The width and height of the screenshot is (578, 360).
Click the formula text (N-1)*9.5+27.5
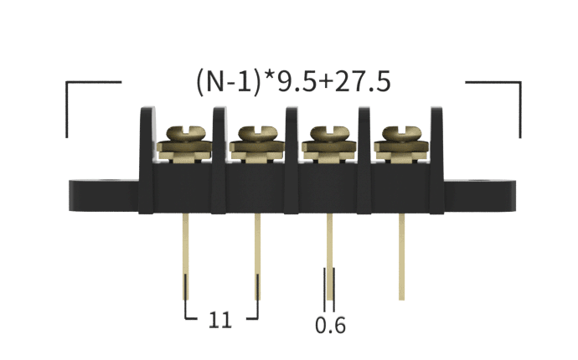click(x=293, y=82)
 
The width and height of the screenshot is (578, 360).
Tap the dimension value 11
click(x=220, y=320)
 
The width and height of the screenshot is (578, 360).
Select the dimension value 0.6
click(x=330, y=325)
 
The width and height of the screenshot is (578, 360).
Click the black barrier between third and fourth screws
click(x=365, y=138)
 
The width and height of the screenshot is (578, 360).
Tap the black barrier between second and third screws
click(x=292, y=138)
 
